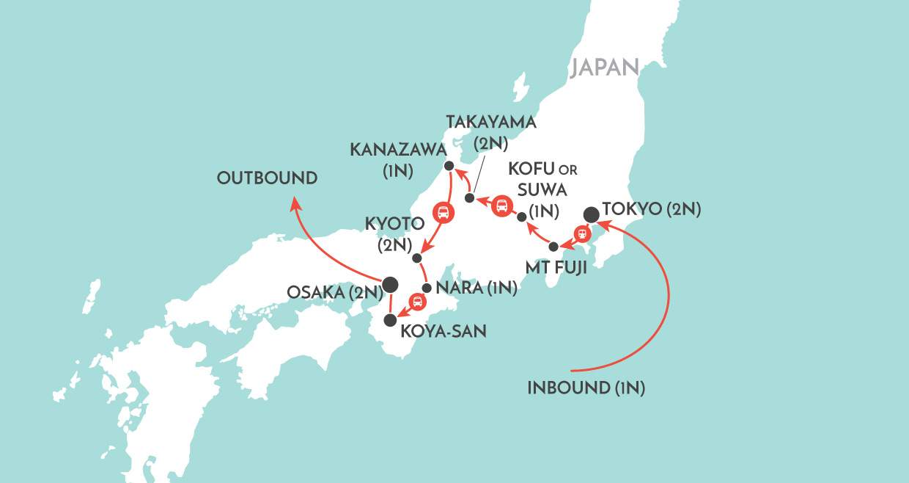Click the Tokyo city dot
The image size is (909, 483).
(592, 214)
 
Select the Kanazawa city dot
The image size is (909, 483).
(449, 166)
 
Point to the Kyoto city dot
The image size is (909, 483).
(416, 258)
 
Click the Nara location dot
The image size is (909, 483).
(427, 288)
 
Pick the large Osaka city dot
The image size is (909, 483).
(390, 283)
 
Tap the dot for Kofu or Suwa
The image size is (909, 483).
(521, 217)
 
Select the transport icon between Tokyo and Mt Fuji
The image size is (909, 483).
(582, 234)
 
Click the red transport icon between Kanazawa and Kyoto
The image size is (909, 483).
(443, 213)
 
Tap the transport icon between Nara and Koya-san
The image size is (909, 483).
(417, 301)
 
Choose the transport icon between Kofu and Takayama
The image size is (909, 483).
(501, 206)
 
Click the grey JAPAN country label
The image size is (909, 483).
(605, 68)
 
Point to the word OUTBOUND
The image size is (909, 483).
(267, 178)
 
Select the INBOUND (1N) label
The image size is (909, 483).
(586, 388)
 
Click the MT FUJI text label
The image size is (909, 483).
(556, 268)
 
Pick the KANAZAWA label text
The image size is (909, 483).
(398, 150)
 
